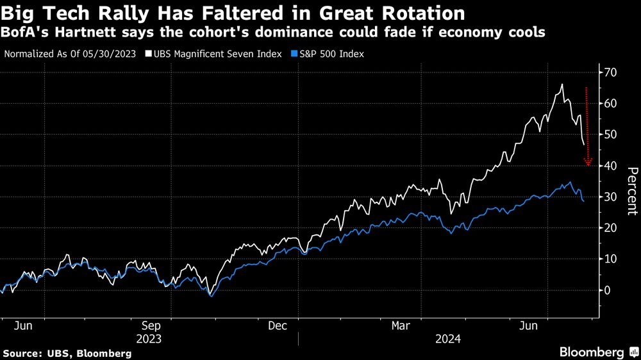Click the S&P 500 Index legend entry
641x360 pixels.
click(x=327, y=54)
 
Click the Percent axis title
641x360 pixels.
click(x=631, y=190)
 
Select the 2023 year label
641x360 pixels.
click(x=149, y=338)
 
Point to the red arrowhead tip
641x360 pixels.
click(x=588, y=165)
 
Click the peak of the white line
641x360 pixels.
click(x=562, y=85)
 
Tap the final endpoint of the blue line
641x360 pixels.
click(x=583, y=202)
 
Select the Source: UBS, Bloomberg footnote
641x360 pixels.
click(x=67, y=353)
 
